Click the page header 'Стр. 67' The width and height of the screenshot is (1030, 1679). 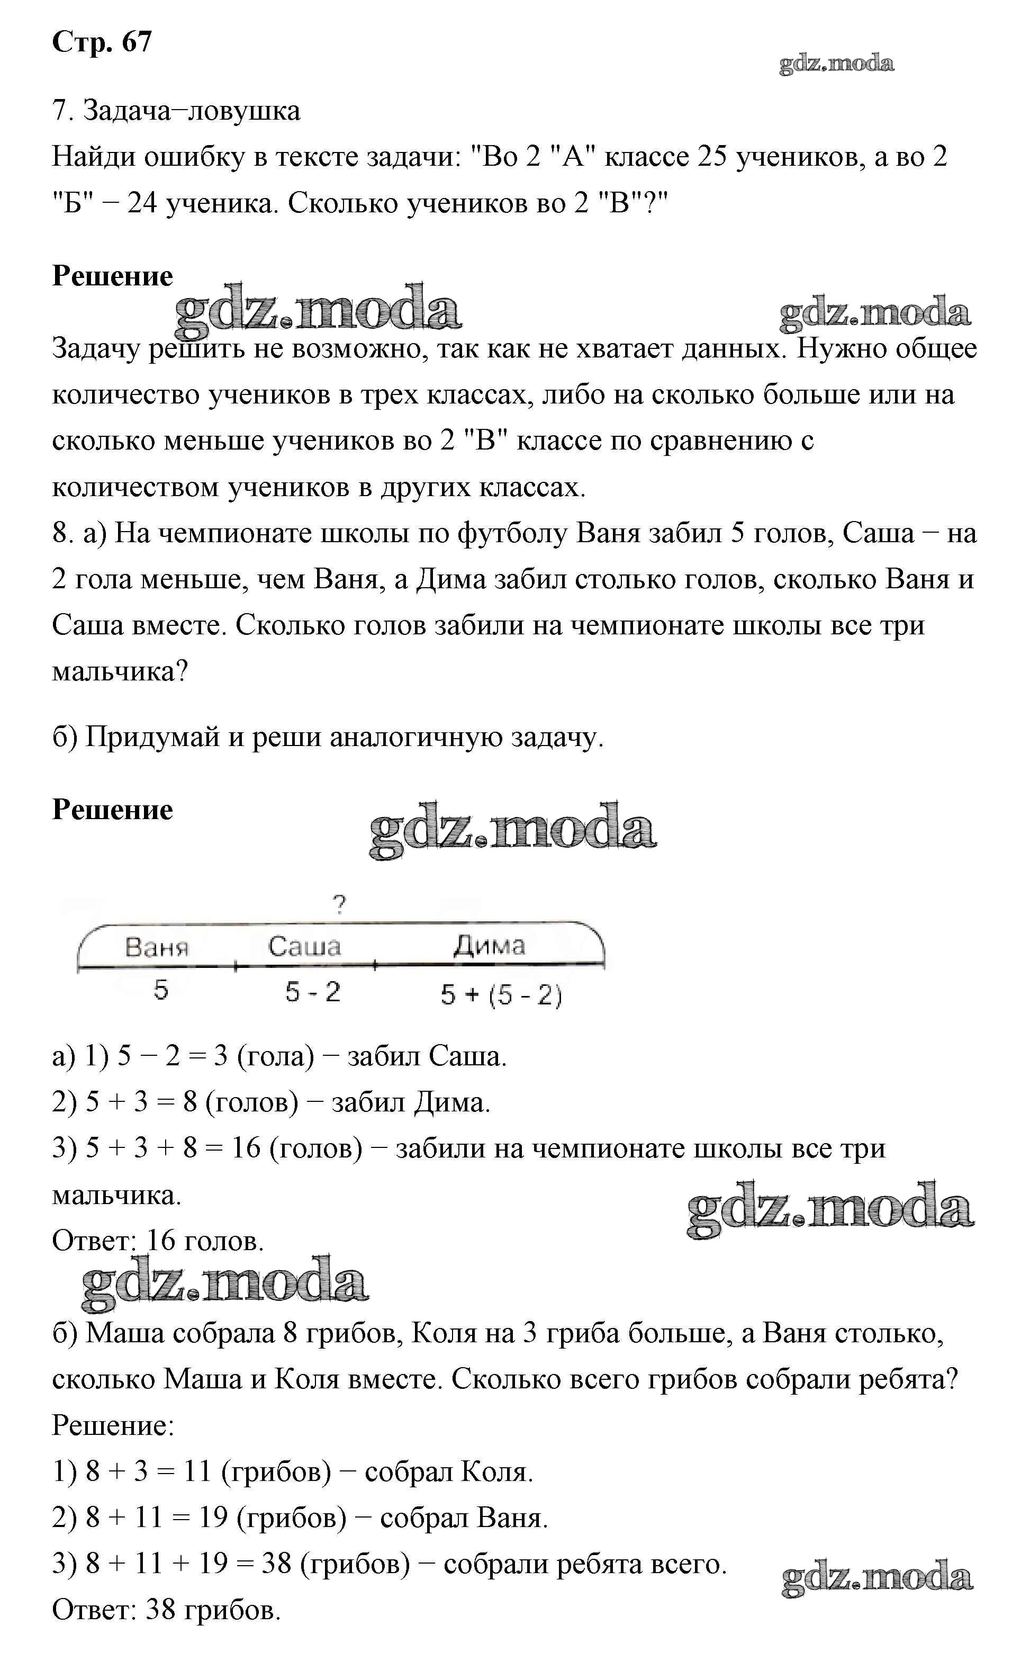(102, 42)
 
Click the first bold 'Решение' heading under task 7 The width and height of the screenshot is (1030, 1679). (112, 276)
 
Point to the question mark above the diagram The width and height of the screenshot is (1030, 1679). (339, 905)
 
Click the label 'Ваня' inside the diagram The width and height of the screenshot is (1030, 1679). (157, 948)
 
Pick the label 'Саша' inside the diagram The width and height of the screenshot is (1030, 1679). (304, 947)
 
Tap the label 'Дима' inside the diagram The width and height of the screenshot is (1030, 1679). (489, 945)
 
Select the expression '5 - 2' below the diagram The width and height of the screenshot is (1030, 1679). (313, 992)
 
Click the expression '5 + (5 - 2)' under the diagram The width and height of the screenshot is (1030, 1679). (501, 995)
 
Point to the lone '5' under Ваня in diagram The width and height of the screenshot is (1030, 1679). (161, 990)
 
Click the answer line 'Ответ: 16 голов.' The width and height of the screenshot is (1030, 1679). (157, 1241)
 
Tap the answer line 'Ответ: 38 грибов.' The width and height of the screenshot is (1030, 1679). (166, 1610)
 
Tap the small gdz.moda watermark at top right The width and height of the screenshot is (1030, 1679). (836, 64)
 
